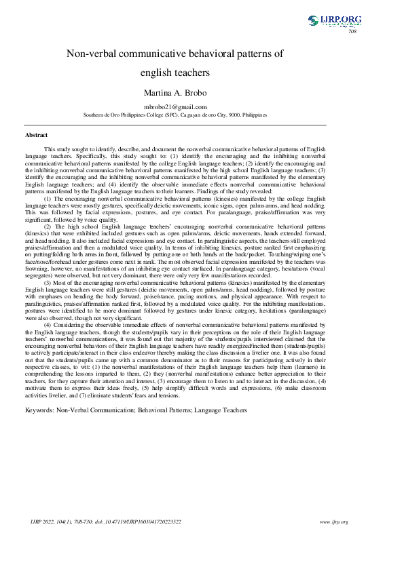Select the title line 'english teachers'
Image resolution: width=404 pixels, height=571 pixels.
(x=175, y=72)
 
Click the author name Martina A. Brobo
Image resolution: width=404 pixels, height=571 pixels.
(x=175, y=92)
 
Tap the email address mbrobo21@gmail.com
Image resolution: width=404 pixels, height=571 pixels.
(x=175, y=107)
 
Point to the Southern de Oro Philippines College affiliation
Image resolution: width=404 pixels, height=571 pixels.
(x=175, y=115)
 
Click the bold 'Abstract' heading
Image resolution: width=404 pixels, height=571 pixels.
(x=36, y=136)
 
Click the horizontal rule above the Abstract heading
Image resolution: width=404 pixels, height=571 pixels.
(x=175, y=125)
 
